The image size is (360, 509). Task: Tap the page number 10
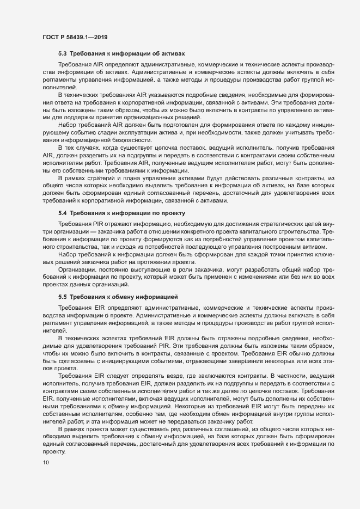[45, 463]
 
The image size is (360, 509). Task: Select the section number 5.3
[62, 54]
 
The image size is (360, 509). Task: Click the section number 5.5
[62, 297]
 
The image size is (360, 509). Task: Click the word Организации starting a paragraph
[77, 269]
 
